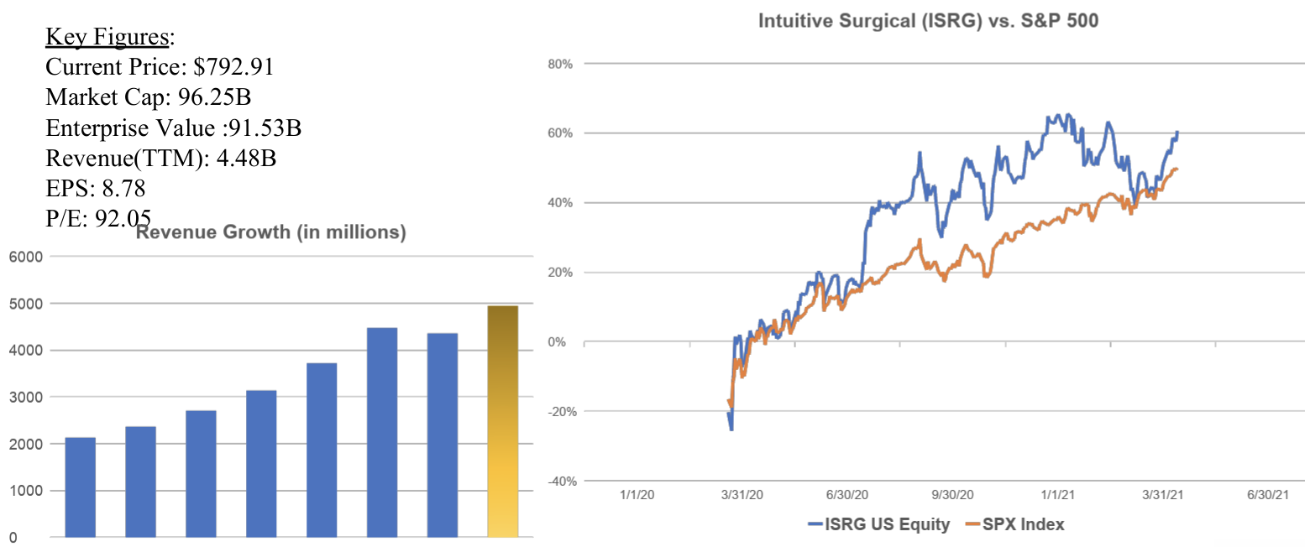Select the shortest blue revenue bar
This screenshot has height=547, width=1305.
click(80, 487)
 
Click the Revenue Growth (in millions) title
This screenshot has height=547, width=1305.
click(270, 233)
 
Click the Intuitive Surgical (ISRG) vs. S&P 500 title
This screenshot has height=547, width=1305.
click(928, 21)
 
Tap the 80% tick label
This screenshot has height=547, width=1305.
click(559, 64)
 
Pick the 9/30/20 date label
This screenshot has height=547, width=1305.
click(950, 494)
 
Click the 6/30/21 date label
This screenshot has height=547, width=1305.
click(1266, 494)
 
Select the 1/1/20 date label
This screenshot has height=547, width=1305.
click(637, 494)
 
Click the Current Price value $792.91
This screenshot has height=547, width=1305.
click(233, 68)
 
